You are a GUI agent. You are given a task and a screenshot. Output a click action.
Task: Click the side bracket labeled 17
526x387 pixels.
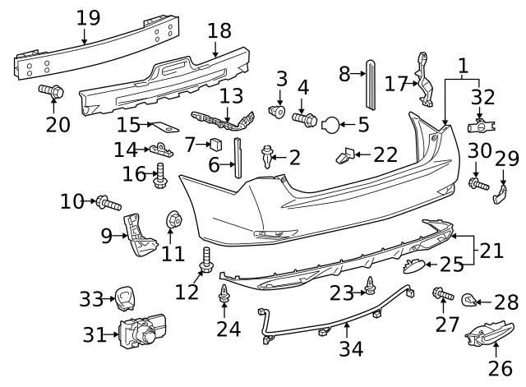click(x=424, y=80)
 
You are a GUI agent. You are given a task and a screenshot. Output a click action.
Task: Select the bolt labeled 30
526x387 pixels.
click(x=478, y=185)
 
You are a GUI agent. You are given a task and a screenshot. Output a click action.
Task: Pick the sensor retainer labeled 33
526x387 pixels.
click(x=126, y=296)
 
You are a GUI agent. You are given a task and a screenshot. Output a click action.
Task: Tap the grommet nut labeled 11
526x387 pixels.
click(x=173, y=219)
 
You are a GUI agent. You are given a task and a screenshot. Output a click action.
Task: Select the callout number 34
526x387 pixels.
click(x=351, y=348)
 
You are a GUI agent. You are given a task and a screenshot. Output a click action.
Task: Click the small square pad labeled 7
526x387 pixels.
click(x=217, y=145)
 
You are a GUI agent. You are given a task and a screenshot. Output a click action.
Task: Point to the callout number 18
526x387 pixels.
click(x=219, y=31)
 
